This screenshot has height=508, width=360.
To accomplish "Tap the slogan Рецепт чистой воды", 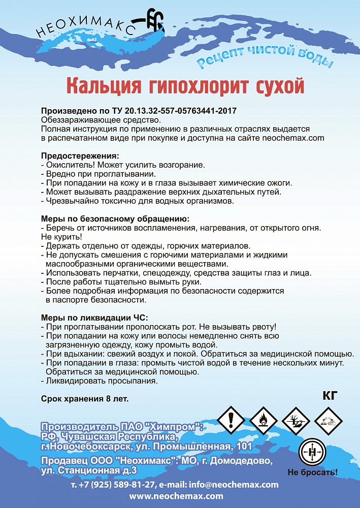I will (x=265, y=57).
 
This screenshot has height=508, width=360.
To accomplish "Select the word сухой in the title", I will (x=274, y=85).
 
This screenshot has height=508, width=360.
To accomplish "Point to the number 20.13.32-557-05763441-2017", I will (x=180, y=110).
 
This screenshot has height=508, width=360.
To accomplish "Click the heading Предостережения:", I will (x=80, y=156).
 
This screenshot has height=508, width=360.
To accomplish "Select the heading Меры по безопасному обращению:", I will (x=115, y=218).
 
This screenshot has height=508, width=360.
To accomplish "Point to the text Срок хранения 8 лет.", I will (x=85, y=399).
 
